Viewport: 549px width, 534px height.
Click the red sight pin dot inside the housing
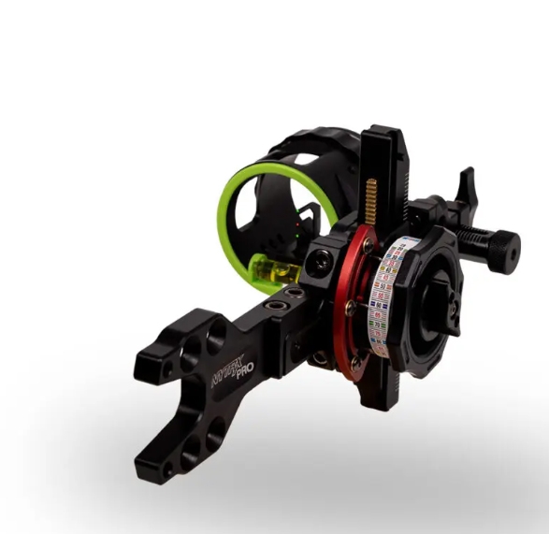(296, 224)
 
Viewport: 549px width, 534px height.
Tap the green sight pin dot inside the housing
(294, 234)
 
